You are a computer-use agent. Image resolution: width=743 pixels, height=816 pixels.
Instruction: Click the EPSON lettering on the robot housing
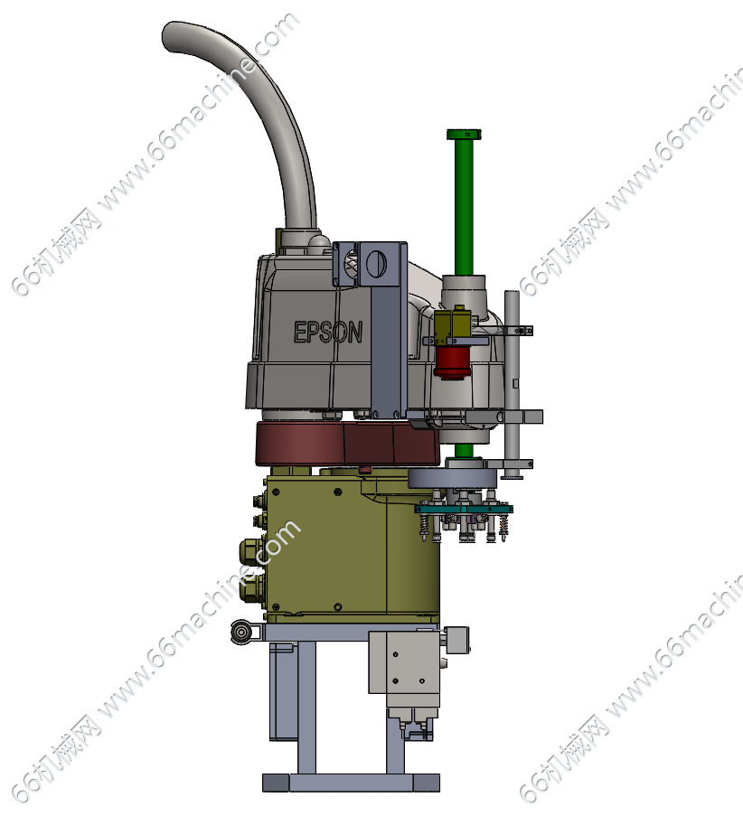click(x=327, y=332)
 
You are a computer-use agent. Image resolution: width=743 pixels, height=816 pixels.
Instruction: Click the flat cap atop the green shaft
click(x=464, y=135)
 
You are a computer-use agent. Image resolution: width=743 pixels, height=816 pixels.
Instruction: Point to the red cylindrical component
click(x=452, y=362)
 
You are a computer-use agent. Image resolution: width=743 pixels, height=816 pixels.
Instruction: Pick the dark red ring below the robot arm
click(x=347, y=444)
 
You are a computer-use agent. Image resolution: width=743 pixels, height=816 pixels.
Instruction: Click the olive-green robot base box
click(x=352, y=547)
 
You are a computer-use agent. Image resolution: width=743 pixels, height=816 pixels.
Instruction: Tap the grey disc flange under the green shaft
click(x=451, y=478)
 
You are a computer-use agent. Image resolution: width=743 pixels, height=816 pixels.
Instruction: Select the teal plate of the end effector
click(x=464, y=509)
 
